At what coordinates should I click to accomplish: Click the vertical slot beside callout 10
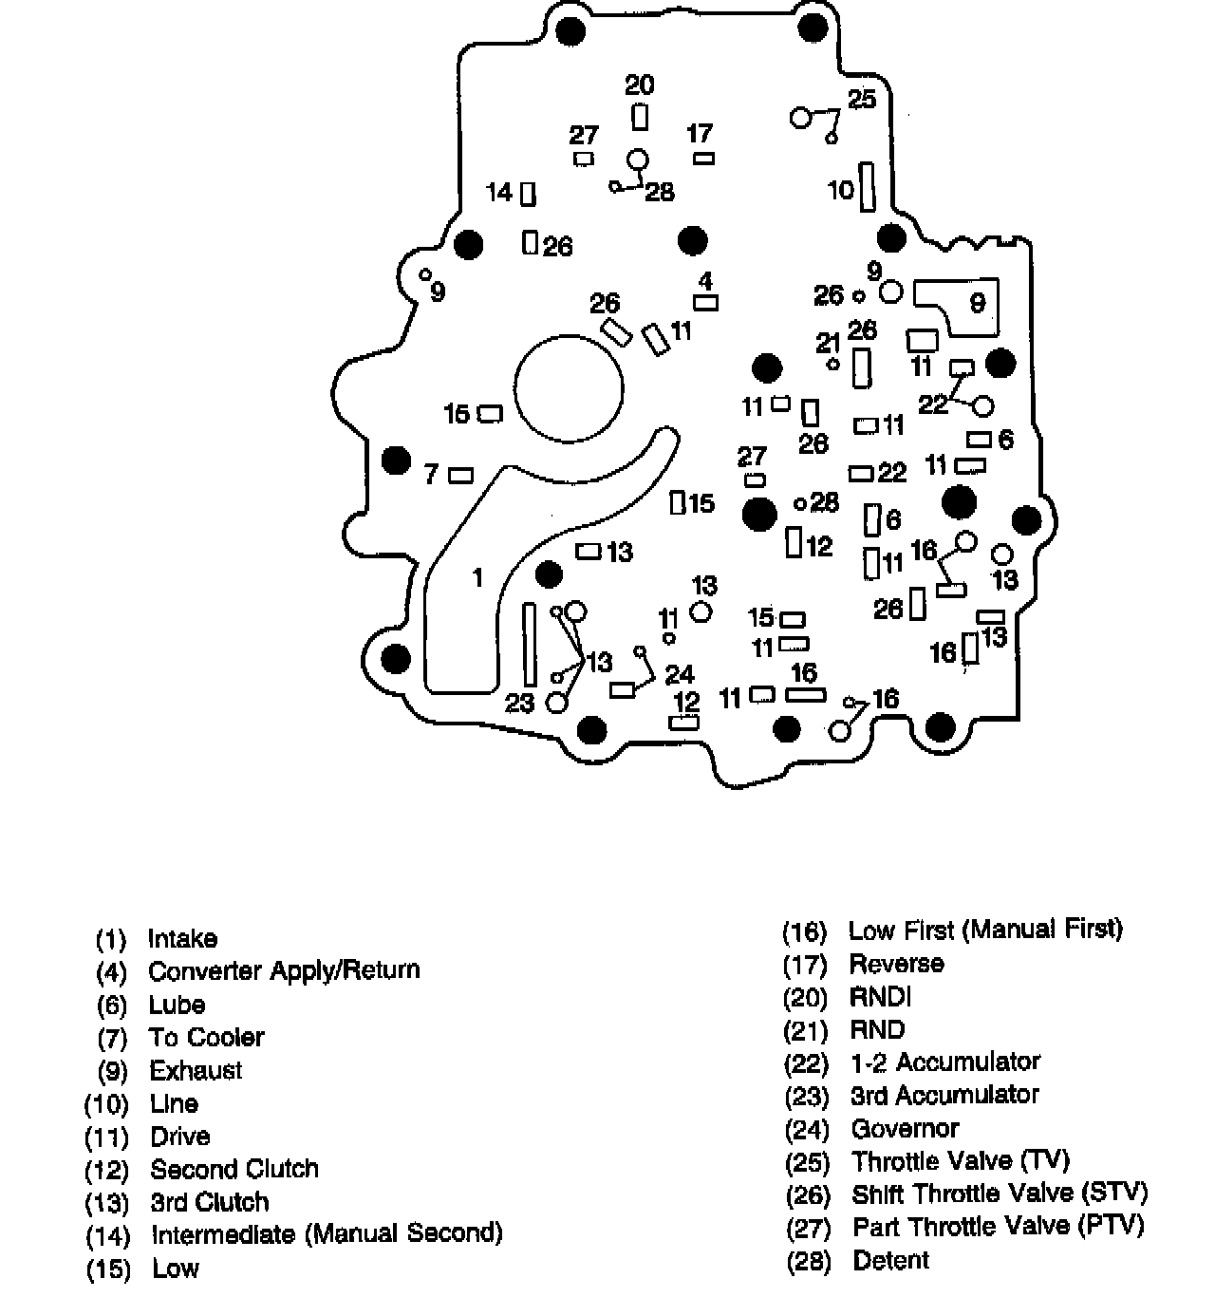click(x=867, y=187)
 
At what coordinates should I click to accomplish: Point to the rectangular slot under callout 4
click(x=705, y=303)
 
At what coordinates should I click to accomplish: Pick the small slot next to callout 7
click(x=460, y=475)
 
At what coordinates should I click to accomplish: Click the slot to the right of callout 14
click(x=529, y=194)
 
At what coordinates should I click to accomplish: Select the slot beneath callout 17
click(x=703, y=159)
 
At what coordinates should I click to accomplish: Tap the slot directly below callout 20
click(x=640, y=117)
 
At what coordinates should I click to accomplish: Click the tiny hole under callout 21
click(x=833, y=364)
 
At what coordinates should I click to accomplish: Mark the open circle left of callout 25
click(x=801, y=117)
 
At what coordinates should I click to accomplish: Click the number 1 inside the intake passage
click(x=477, y=577)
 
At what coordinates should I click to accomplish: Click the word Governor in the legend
click(x=905, y=1129)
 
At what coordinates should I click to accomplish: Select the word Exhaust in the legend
click(x=196, y=1070)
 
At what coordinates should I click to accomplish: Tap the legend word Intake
click(x=182, y=939)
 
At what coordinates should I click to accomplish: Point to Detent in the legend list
click(x=890, y=1261)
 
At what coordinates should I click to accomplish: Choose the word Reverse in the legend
click(x=896, y=964)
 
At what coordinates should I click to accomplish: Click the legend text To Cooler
click(x=206, y=1037)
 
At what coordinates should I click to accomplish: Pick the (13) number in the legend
click(x=106, y=1203)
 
